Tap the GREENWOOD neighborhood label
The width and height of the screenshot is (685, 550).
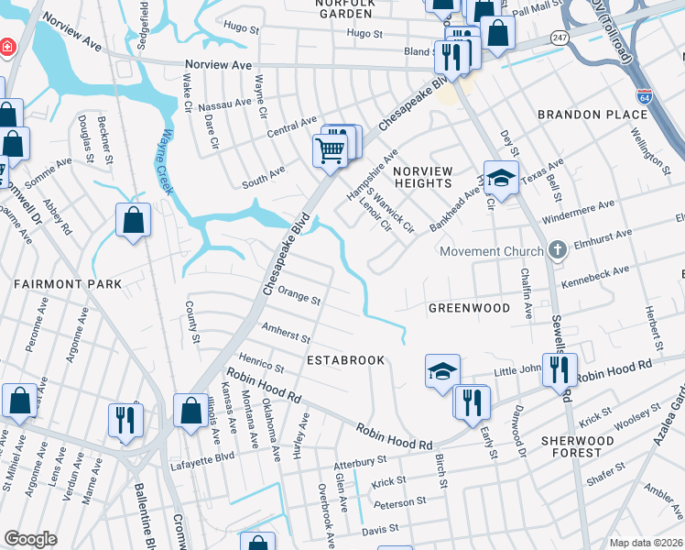pos(469,308)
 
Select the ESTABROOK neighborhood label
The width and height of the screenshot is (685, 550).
pos(345,360)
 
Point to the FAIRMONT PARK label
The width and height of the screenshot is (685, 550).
pos(68,285)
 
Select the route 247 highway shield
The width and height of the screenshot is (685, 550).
pos(558,37)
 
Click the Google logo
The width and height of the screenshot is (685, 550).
pos(30,539)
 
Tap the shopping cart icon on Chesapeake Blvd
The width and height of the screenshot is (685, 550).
pos(330,149)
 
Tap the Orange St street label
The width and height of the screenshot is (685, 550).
pos(299,296)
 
